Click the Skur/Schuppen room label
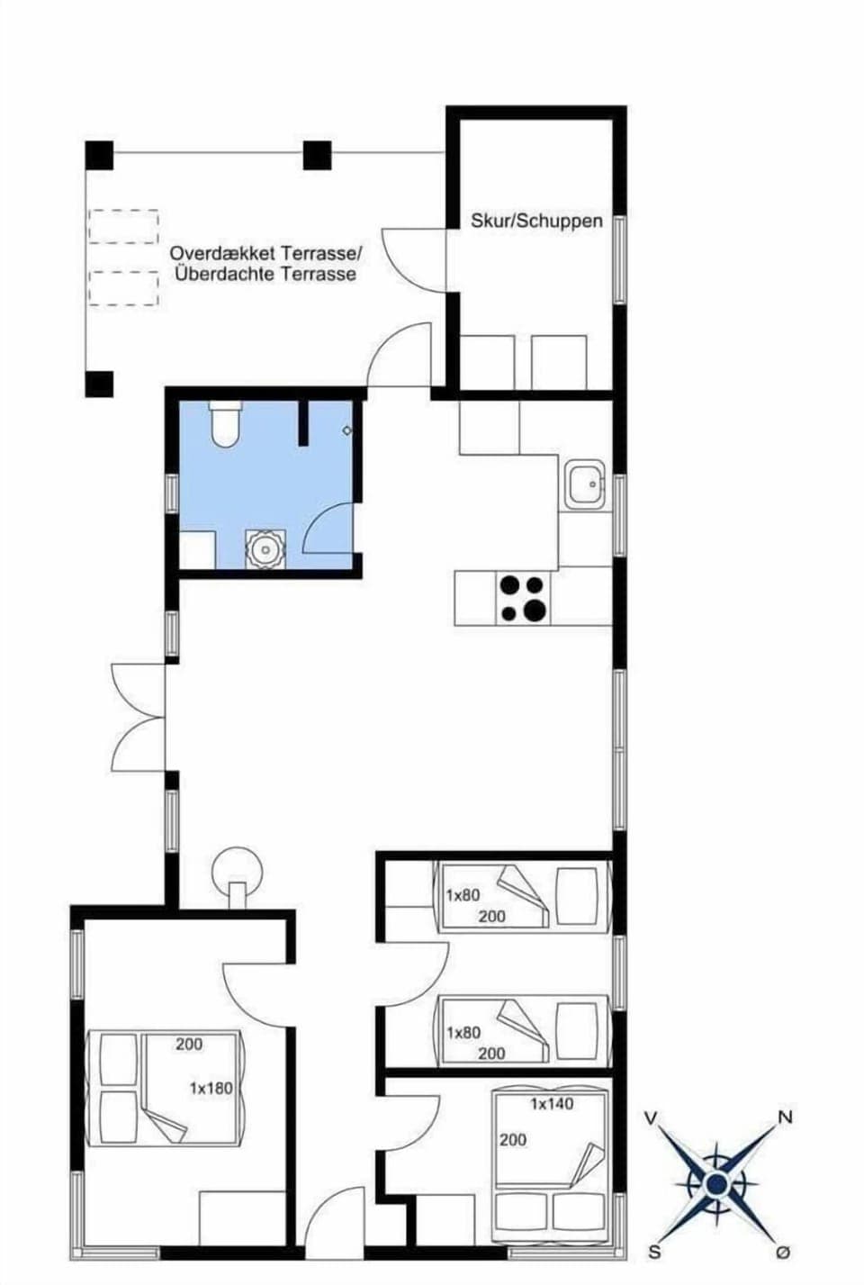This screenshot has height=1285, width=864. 536,221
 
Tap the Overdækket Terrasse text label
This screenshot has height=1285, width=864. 265,253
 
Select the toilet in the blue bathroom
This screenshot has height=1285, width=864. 223,425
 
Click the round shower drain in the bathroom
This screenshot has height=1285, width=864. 265,548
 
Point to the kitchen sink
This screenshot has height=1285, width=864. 584,486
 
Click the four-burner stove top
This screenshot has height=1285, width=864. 523,598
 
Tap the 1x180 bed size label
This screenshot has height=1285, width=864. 211,1088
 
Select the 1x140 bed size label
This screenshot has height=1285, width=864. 551,1103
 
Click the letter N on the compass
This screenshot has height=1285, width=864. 785,1118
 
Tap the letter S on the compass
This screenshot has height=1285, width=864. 654,1252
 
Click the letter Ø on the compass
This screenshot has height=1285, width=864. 783,1253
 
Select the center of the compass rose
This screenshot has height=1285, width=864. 717,1183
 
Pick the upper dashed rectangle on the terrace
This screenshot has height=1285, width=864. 123,226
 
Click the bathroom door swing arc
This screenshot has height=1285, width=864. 326,531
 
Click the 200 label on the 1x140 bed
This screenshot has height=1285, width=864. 512,1140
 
